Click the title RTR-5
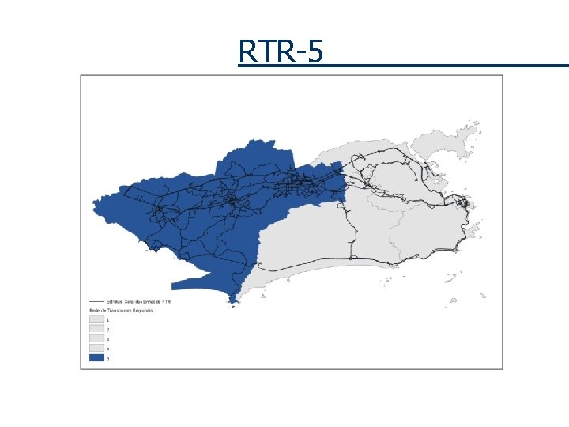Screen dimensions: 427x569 pyautogui.click(x=281, y=51)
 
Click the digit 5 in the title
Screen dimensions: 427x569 pyautogui.click(x=315, y=51)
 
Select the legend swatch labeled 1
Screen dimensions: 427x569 pyautogui.click(x=97, y=319)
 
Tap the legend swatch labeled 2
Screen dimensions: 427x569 pyautogui.click(x=97, y=329)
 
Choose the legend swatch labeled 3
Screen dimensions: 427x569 pyautogui.click(x=97, y=338)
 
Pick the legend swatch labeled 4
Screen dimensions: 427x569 pyautogui.click(x=97, y=348)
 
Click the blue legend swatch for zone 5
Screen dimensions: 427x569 pyautogui.click(x=97, y=357)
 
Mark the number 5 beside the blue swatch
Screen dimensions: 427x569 pyautogui.click(x=108, y=357)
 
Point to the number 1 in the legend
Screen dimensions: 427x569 pyautogui.click(x=108, y=319)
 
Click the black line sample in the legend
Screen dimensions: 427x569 pyautogui.click(x=97, y=301)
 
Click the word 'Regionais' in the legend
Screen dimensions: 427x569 pyautogui.click(x=142, y=311)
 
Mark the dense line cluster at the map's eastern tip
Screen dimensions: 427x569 pyautogui.click(x=466, y=207)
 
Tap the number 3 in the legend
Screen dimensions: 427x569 pyautogui.click(x=108, y=338)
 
